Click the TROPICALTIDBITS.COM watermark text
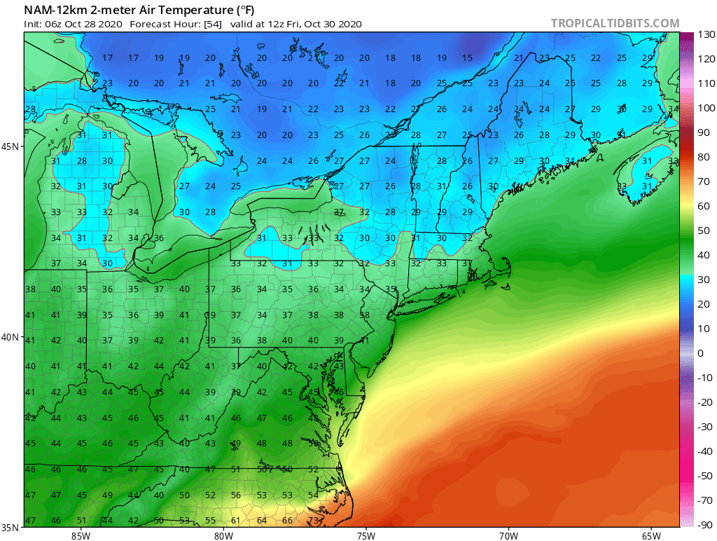(x=615, y=23)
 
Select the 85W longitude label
(x=81, y=535)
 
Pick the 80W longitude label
(x=223, y=535)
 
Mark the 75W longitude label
(x=366, y=535)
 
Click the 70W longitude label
(x=508, y=535)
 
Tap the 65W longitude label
(x=651, y=535)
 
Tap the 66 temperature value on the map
(x=287, y=521)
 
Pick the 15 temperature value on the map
(x=467, y=58)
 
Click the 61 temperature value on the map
(x=236, y=521)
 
